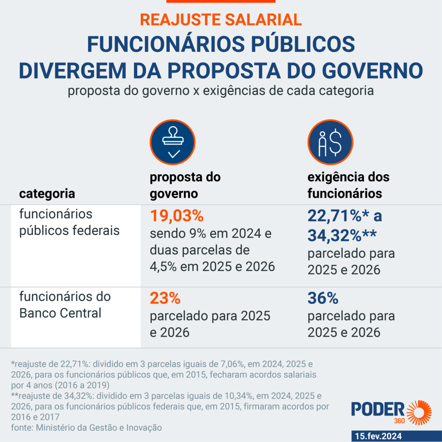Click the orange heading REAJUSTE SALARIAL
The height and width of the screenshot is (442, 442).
[x=221, y=19]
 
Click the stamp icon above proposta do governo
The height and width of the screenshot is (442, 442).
[x=173, y=142]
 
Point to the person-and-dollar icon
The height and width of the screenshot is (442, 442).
[x=330, y=142]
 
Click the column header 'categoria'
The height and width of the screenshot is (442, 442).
[x=47, y=193]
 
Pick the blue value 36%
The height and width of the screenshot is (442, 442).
[x=323, y=298]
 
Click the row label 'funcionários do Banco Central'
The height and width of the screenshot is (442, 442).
[x=65, y=304]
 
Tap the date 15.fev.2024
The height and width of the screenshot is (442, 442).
[x=379, y=436]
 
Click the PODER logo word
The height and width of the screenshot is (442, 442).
[x=377, y=410]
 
